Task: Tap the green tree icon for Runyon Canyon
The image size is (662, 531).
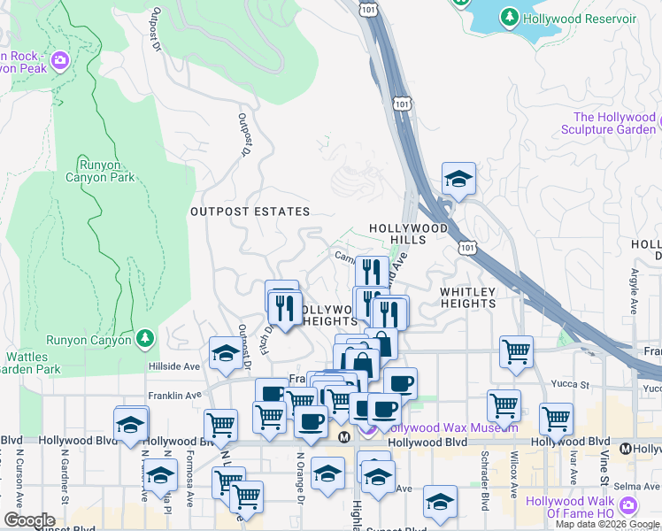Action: point(145,338)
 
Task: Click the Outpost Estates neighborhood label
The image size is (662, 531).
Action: point(250,212)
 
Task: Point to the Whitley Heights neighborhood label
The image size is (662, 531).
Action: point(467,296)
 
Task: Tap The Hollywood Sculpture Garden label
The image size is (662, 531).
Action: point(614,124)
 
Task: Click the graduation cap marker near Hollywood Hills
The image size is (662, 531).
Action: point(458,180)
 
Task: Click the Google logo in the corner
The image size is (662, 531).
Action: point(29,520)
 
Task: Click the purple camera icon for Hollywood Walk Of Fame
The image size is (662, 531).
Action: point(627,505)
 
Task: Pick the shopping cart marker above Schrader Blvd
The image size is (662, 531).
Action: point(504,405)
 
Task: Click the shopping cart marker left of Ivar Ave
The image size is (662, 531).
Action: point(556,419)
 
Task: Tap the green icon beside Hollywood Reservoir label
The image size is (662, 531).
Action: point(509,17)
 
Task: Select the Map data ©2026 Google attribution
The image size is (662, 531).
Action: point(608,524)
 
